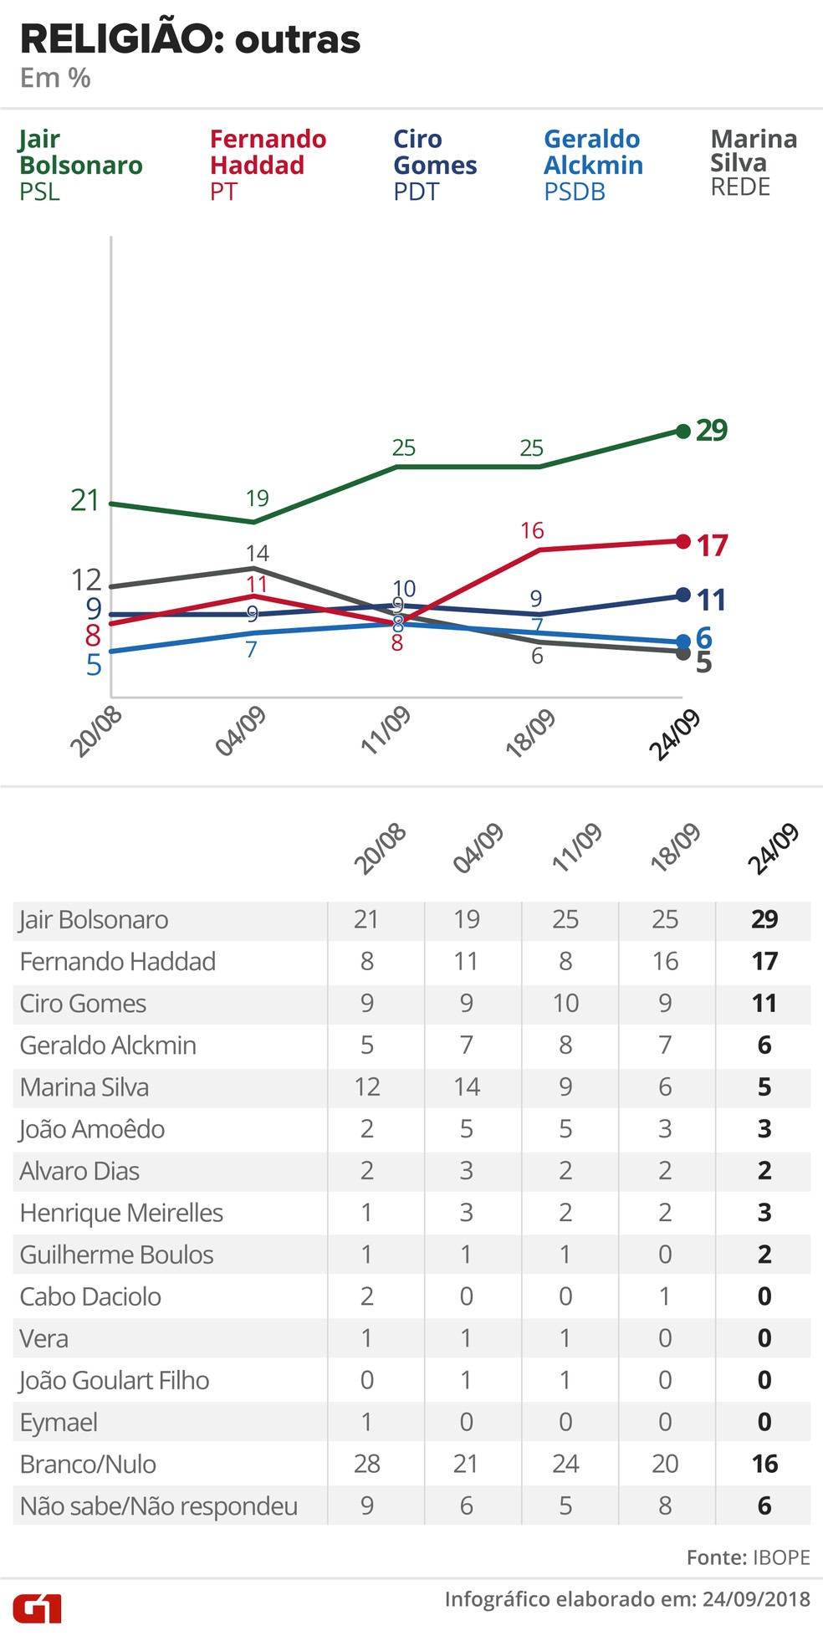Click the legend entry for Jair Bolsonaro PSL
(x=80, y=165)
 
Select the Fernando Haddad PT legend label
(x=268, y=165)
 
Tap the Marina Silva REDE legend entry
(x=753, y=162)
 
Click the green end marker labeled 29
(x=682, y=431)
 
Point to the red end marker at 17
(x=682, y=541)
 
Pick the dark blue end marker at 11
(x=682, y=596)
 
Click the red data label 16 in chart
(x=532, y=530)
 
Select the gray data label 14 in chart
(x=258, y=553)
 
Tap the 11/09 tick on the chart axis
(x=386, y=729)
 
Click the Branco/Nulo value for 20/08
(x=366, y=1464)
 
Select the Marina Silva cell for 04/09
(x=466, y=1086)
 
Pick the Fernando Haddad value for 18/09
(x=665, y=961)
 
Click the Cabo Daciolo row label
(x=90, y=1296)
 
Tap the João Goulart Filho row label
(x=115, y=1380)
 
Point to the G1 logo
(x=38, y=1607)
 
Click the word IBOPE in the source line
(x=781, y=1557)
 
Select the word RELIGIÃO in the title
(x=116, y=39)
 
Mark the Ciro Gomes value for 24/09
(x=764, y=1003)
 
